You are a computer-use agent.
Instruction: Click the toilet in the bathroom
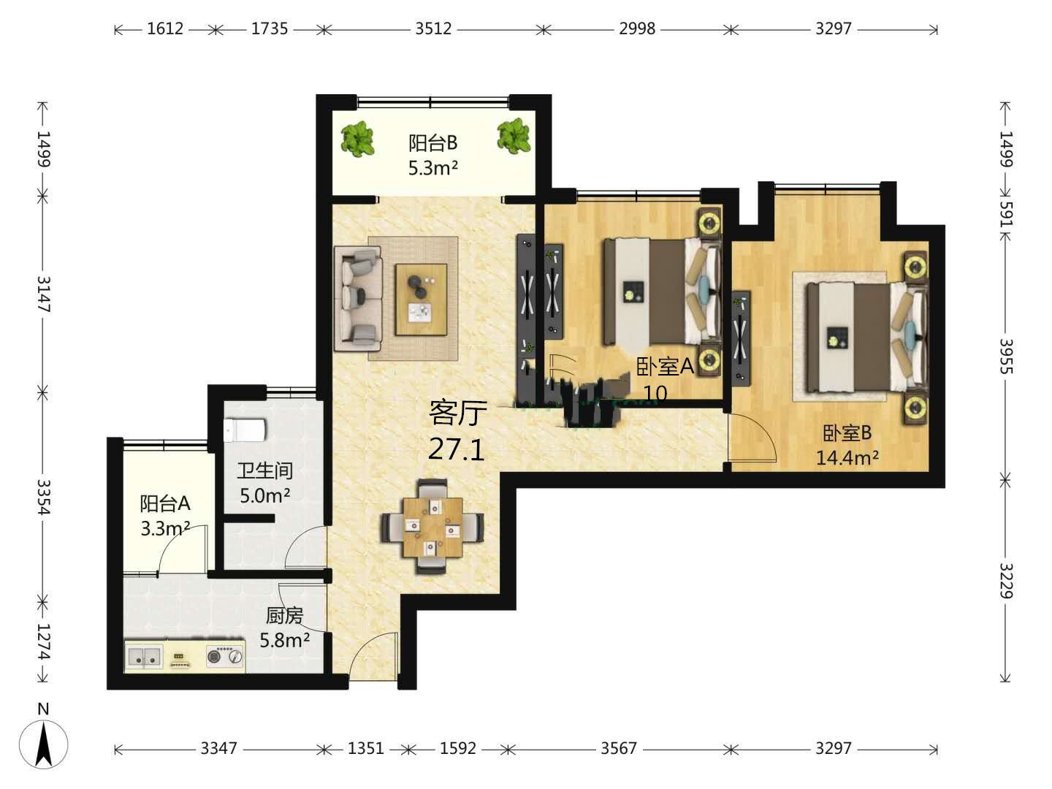[245, 430]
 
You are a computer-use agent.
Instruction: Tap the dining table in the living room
[432, 527]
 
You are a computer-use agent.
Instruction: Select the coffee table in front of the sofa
[422, 300]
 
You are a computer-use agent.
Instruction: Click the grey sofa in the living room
[357, 299]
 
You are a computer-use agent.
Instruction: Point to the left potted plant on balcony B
[357, 138]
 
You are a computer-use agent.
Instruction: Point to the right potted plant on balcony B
[514, 137]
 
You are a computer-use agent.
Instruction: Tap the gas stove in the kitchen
[225, 655]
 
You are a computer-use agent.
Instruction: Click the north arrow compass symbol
[44, 744]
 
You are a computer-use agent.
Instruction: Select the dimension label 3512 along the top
[433, 28]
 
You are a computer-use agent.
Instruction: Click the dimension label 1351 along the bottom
[366, 748]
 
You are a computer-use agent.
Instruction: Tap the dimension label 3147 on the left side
[43, 294]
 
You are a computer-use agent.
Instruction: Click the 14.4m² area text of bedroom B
[847, 458]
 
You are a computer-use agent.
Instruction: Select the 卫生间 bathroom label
[265, 470]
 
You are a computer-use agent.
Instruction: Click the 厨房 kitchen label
[285, 616]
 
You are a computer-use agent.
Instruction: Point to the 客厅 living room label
[458, 413]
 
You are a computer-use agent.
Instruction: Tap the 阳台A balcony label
[165, 503]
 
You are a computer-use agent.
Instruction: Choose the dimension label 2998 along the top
[637, 28]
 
